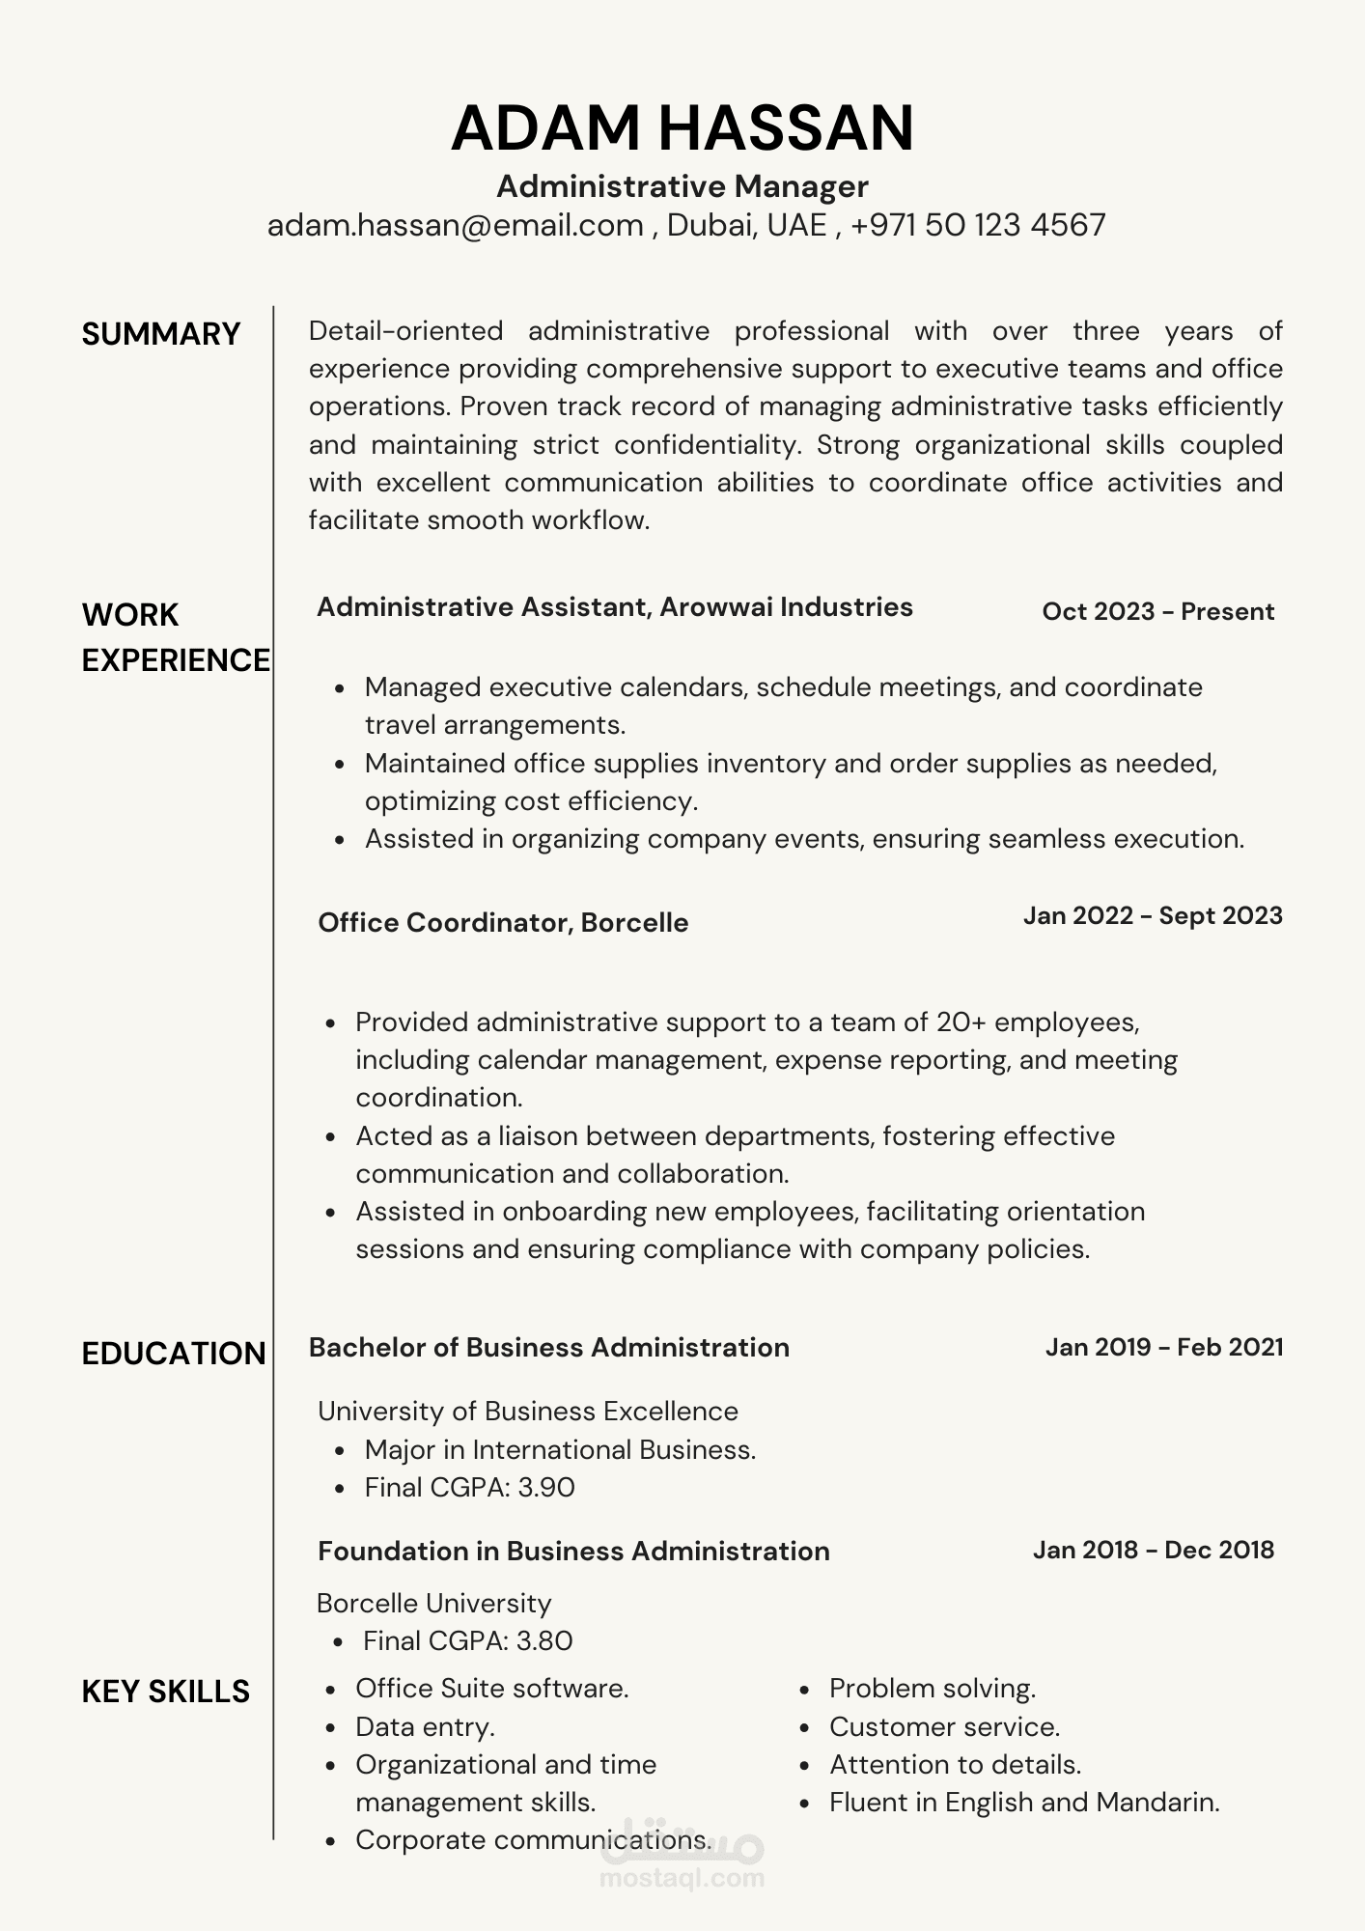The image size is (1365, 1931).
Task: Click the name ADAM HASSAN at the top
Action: (x=682, y=128)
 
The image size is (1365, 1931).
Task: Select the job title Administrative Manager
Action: (x=682, y=186)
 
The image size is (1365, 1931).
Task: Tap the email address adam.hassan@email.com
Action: (x=456, y=225)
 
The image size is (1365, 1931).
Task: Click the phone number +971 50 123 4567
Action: (x=978, y=225)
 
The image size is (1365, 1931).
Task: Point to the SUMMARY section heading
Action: (x=160, y=334)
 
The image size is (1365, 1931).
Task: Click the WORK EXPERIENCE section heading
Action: (x=175, y=637)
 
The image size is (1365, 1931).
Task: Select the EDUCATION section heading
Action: (x=174, y=1354)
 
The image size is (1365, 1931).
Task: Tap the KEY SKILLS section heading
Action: (x=165, y=1692)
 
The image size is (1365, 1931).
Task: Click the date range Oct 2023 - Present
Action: (x=1158, y=611)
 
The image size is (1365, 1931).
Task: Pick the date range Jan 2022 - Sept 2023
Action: (x=1153, y=915)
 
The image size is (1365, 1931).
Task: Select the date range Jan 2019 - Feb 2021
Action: (x=1164, y=1347)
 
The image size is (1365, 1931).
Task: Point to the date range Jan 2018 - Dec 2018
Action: (x=1154, y=1550)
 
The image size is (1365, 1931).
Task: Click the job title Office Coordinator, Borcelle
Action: (x=503, y=922)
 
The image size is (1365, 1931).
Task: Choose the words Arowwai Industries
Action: (x=786, y=606)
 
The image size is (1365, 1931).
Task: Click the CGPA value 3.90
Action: (x=546, y=1487)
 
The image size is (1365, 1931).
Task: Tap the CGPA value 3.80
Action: (x=544, y=1640)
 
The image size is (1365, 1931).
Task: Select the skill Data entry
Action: (x=425, y=1726)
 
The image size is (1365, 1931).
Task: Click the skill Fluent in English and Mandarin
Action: (x=1024, y=1802)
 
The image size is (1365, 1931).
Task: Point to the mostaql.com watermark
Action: (x=682, y=1878)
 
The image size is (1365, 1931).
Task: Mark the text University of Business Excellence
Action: (x=528, y=1411)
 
